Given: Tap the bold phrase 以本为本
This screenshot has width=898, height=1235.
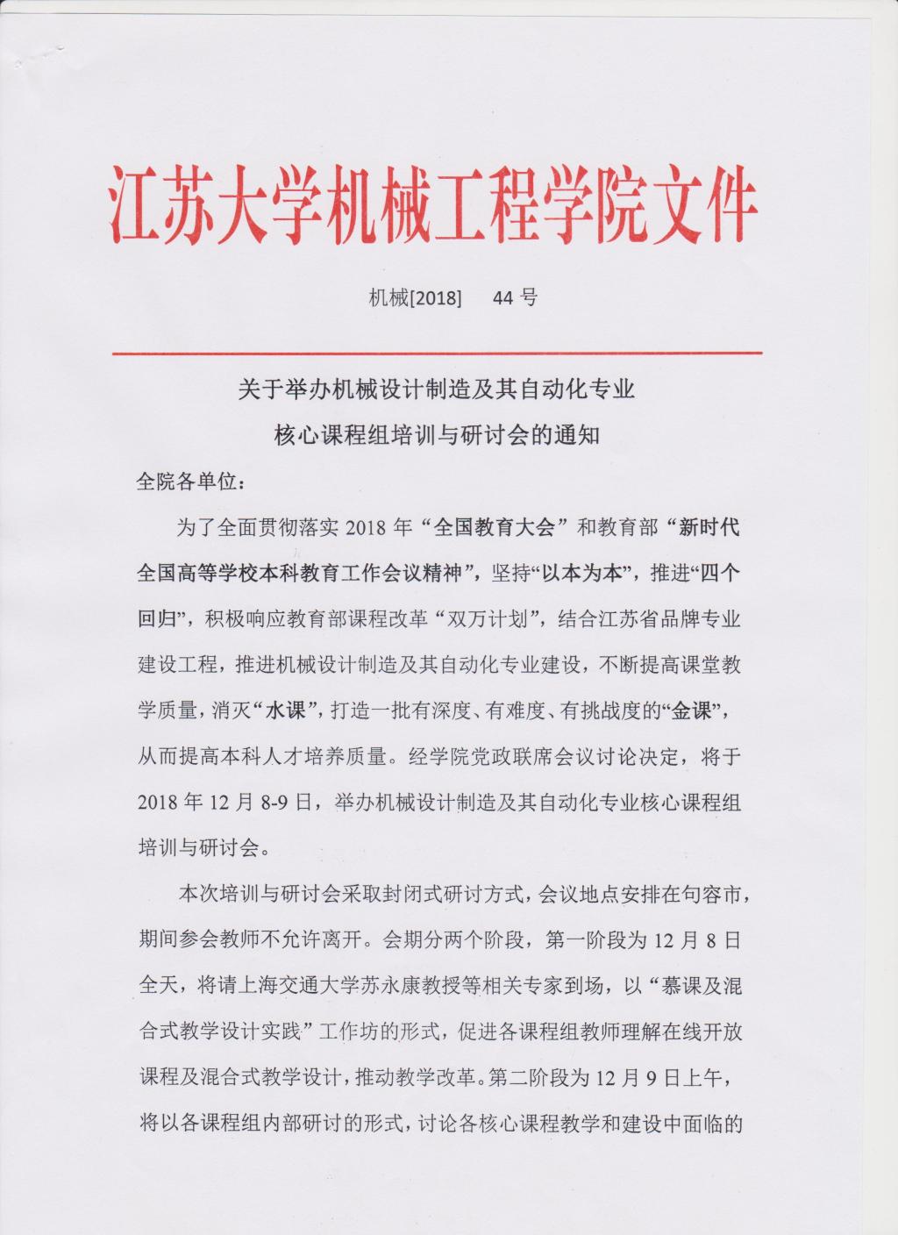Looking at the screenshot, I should point(593,574).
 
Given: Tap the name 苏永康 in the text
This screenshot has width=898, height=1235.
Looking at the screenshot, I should point(388,985).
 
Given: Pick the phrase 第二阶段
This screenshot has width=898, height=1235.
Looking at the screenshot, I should point(526,1076).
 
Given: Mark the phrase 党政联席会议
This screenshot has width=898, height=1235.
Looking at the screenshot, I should point(475,756).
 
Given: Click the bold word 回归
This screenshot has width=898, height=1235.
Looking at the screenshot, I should point(158,619).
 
